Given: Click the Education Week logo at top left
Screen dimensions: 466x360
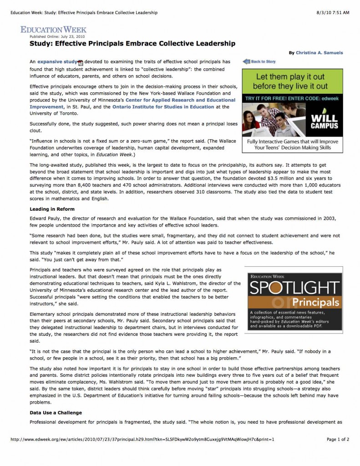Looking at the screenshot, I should pos(53,29).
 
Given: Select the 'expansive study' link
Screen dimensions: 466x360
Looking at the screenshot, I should pos(57,61).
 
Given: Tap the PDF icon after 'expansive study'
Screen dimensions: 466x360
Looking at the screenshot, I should pos(81,62).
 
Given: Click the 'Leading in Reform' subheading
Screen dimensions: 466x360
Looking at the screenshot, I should pos(52,209).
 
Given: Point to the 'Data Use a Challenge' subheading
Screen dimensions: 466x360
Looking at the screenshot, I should pos(56,412).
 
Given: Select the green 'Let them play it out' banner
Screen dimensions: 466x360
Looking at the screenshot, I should pos(292,81).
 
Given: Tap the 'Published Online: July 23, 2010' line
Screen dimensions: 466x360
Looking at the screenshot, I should pos(57,36).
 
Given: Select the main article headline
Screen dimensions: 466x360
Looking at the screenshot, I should pos(132,44).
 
